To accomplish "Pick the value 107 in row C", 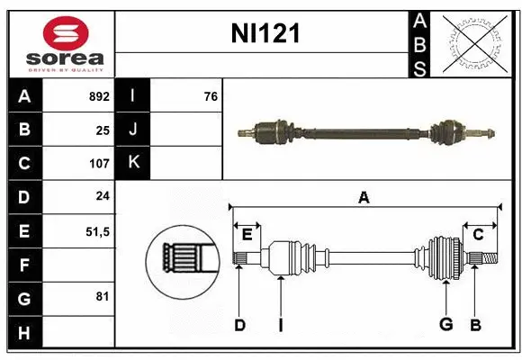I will tap(99, 164).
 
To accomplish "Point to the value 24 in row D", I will tap(103, 197).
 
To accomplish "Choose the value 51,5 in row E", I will tap(96, 231).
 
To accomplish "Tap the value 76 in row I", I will tap(211, 96).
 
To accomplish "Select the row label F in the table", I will tap(24, 265).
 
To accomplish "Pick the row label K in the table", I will tap(133, 163).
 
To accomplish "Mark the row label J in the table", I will tap(133, 130).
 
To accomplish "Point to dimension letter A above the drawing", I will tap(364, 197).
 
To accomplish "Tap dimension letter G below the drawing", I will tap(445, 325).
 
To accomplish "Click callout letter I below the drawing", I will tap(280, 325).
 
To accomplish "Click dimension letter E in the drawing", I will tap(247, 235).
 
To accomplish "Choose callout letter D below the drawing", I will tap(239, 325).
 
